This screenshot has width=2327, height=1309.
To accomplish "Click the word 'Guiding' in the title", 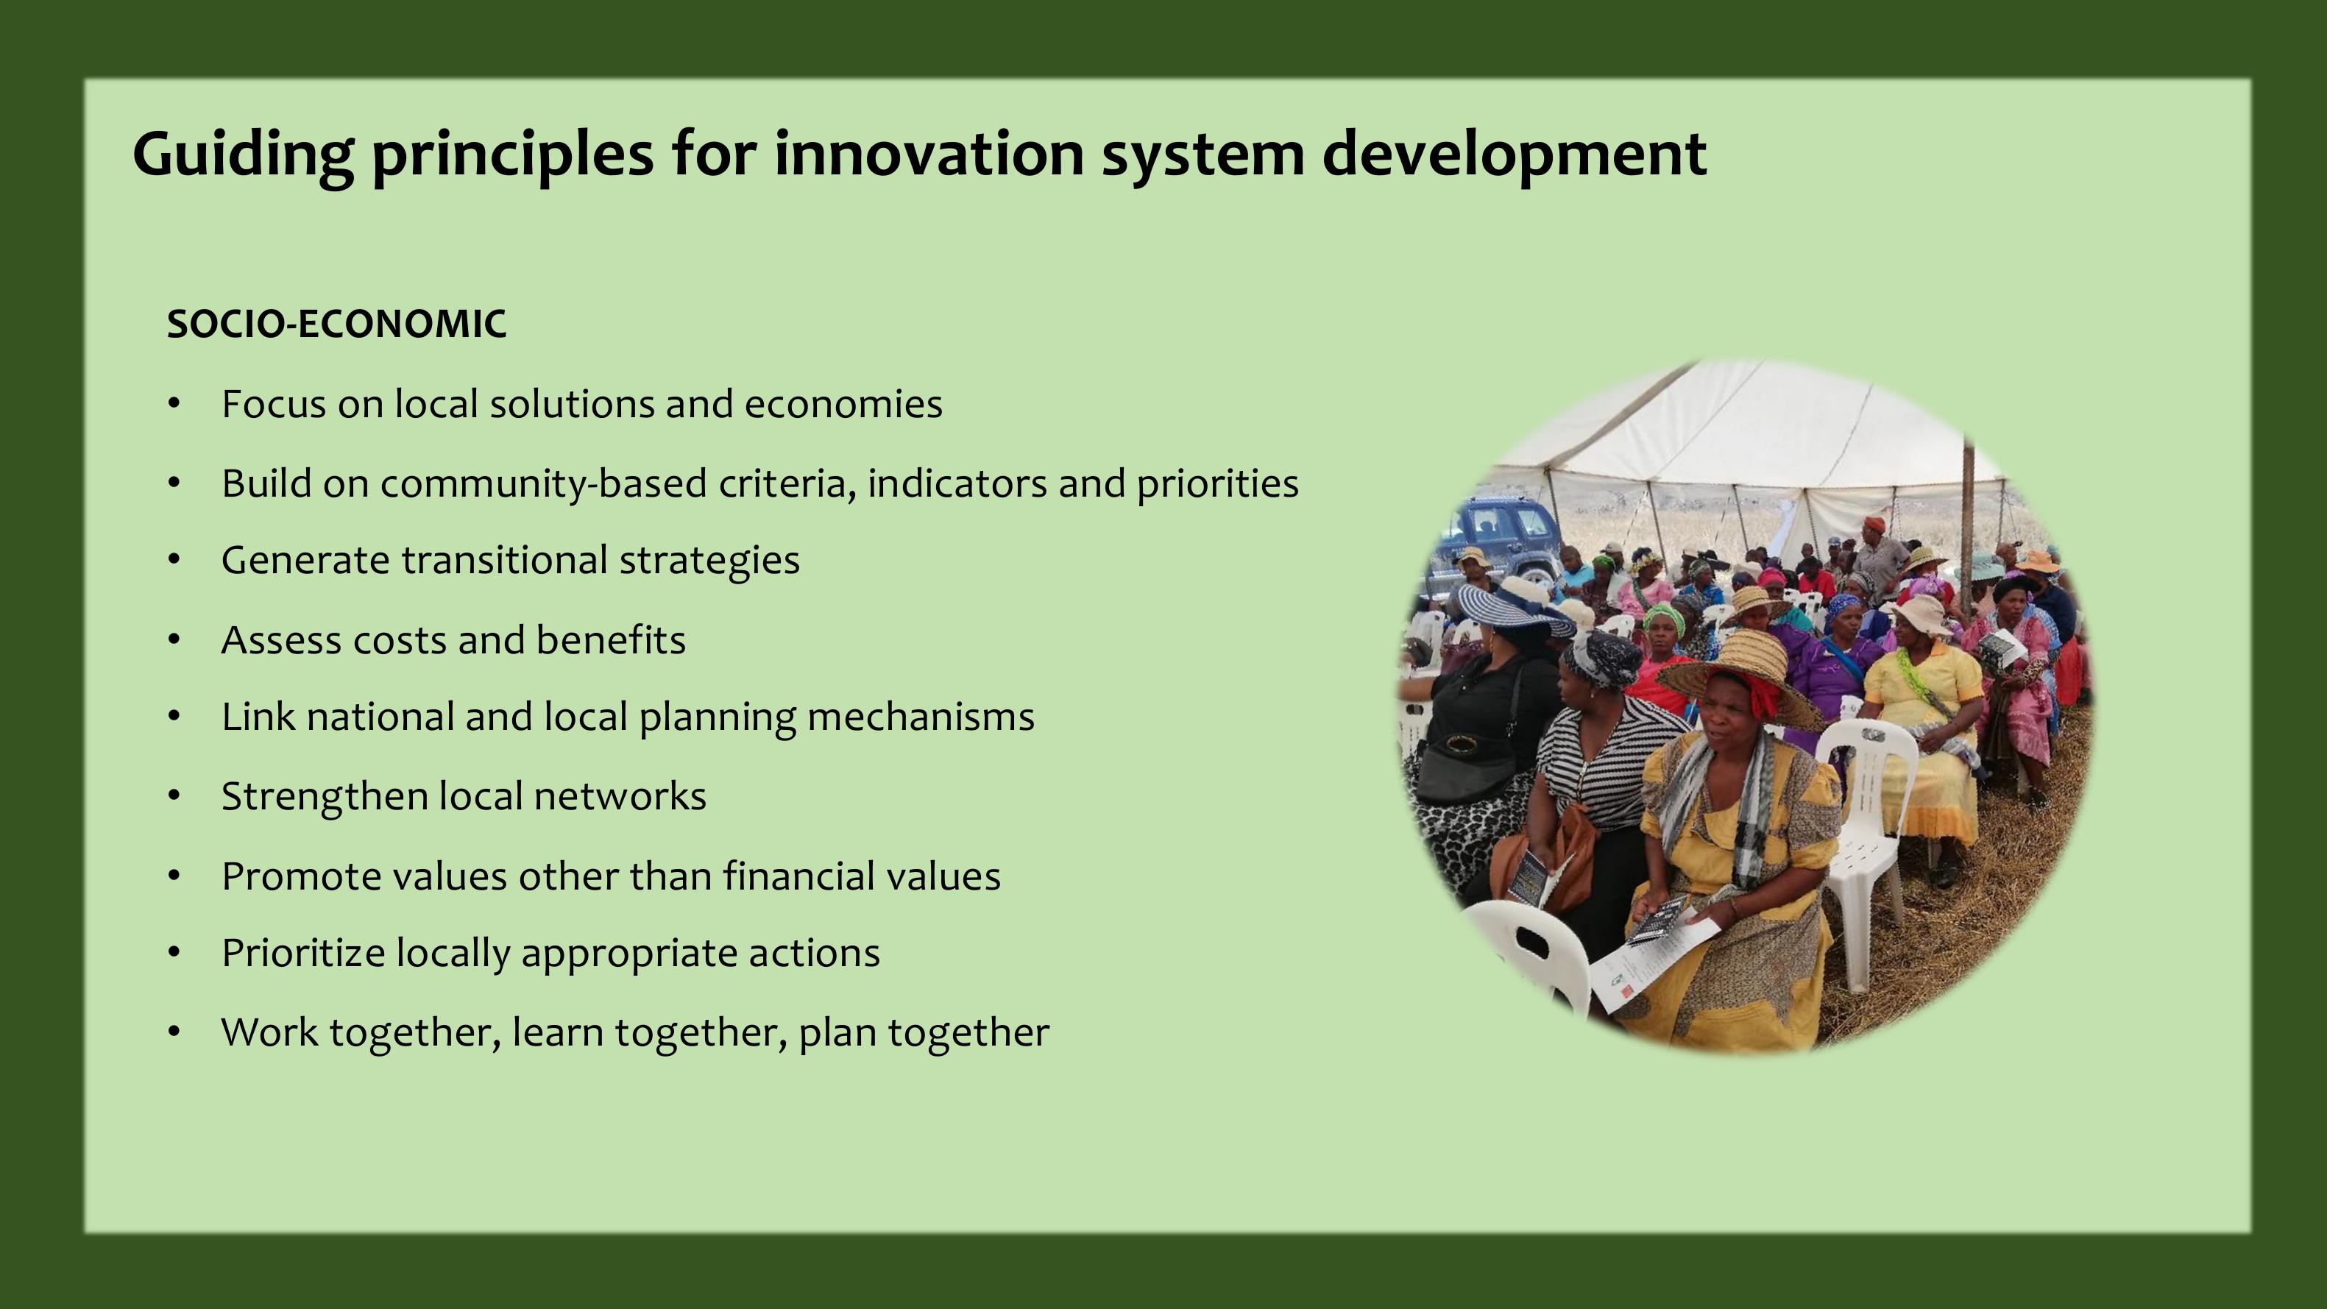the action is coord(243,155).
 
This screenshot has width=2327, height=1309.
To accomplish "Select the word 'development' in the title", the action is coord(1514,155).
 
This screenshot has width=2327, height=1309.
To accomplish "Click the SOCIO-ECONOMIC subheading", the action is coord(337,324).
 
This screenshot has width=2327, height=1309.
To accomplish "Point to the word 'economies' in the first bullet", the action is coord(843,405).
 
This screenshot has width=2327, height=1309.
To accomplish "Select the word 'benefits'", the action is coord(611,640).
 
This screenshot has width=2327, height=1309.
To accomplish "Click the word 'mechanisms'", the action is coord(921,717).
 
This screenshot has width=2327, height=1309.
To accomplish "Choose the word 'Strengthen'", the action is coord(325,798).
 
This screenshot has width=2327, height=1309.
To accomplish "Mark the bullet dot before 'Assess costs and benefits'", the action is coord(175,640).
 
